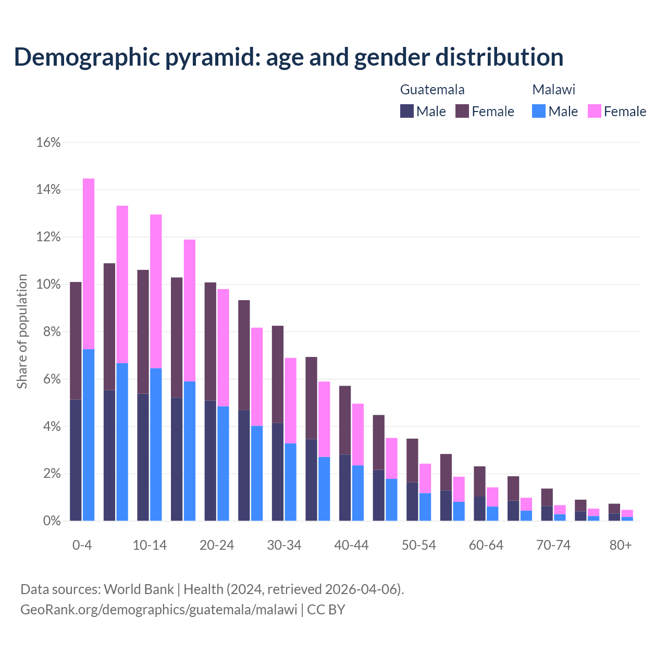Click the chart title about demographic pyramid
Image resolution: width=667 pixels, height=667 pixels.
point(289,57)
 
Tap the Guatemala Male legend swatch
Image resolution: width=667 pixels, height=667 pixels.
point(407,111)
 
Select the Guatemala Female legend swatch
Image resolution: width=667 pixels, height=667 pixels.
point(462,111)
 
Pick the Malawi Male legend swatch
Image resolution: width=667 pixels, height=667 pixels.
point(539,111)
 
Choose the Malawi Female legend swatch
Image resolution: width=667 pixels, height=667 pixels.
point(595,111)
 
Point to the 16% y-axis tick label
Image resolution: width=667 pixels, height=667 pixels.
point(48,142)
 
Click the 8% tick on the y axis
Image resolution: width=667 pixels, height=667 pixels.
point(51,332)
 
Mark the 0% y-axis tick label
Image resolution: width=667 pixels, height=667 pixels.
point(51,521)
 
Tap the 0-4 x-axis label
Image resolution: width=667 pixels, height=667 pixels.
point(82,545)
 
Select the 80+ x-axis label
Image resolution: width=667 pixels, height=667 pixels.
point(621,545)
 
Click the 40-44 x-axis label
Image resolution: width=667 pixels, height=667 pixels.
point(351,545)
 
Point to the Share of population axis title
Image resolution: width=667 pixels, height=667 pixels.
point(22,331)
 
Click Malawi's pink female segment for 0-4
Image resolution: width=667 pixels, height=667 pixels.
point(89,264)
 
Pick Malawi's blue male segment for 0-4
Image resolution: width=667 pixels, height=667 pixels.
point(89,435)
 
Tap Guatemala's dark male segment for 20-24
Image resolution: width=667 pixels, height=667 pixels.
point(210,461)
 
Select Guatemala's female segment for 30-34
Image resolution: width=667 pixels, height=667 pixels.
point(278,374)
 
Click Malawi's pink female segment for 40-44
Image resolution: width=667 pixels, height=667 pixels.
point(358,435)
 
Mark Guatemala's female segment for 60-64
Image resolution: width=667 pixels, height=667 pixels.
point(479,481)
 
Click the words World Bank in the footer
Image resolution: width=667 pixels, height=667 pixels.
point(139,589)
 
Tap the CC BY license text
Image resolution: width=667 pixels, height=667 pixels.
point(326,609)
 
